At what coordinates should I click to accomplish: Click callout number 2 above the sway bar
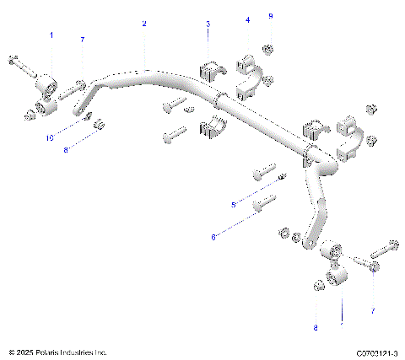tap(144, 24)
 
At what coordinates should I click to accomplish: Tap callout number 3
tap(208, 24)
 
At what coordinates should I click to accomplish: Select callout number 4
tap(247, 19)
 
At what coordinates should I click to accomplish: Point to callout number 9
tap(270, 16)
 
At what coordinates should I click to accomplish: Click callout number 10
tap(50, 137)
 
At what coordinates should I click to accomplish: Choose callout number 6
tap(213, 239)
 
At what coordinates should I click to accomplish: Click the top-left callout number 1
tap(51, 35)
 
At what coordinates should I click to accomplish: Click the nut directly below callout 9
tap(267, 48)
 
